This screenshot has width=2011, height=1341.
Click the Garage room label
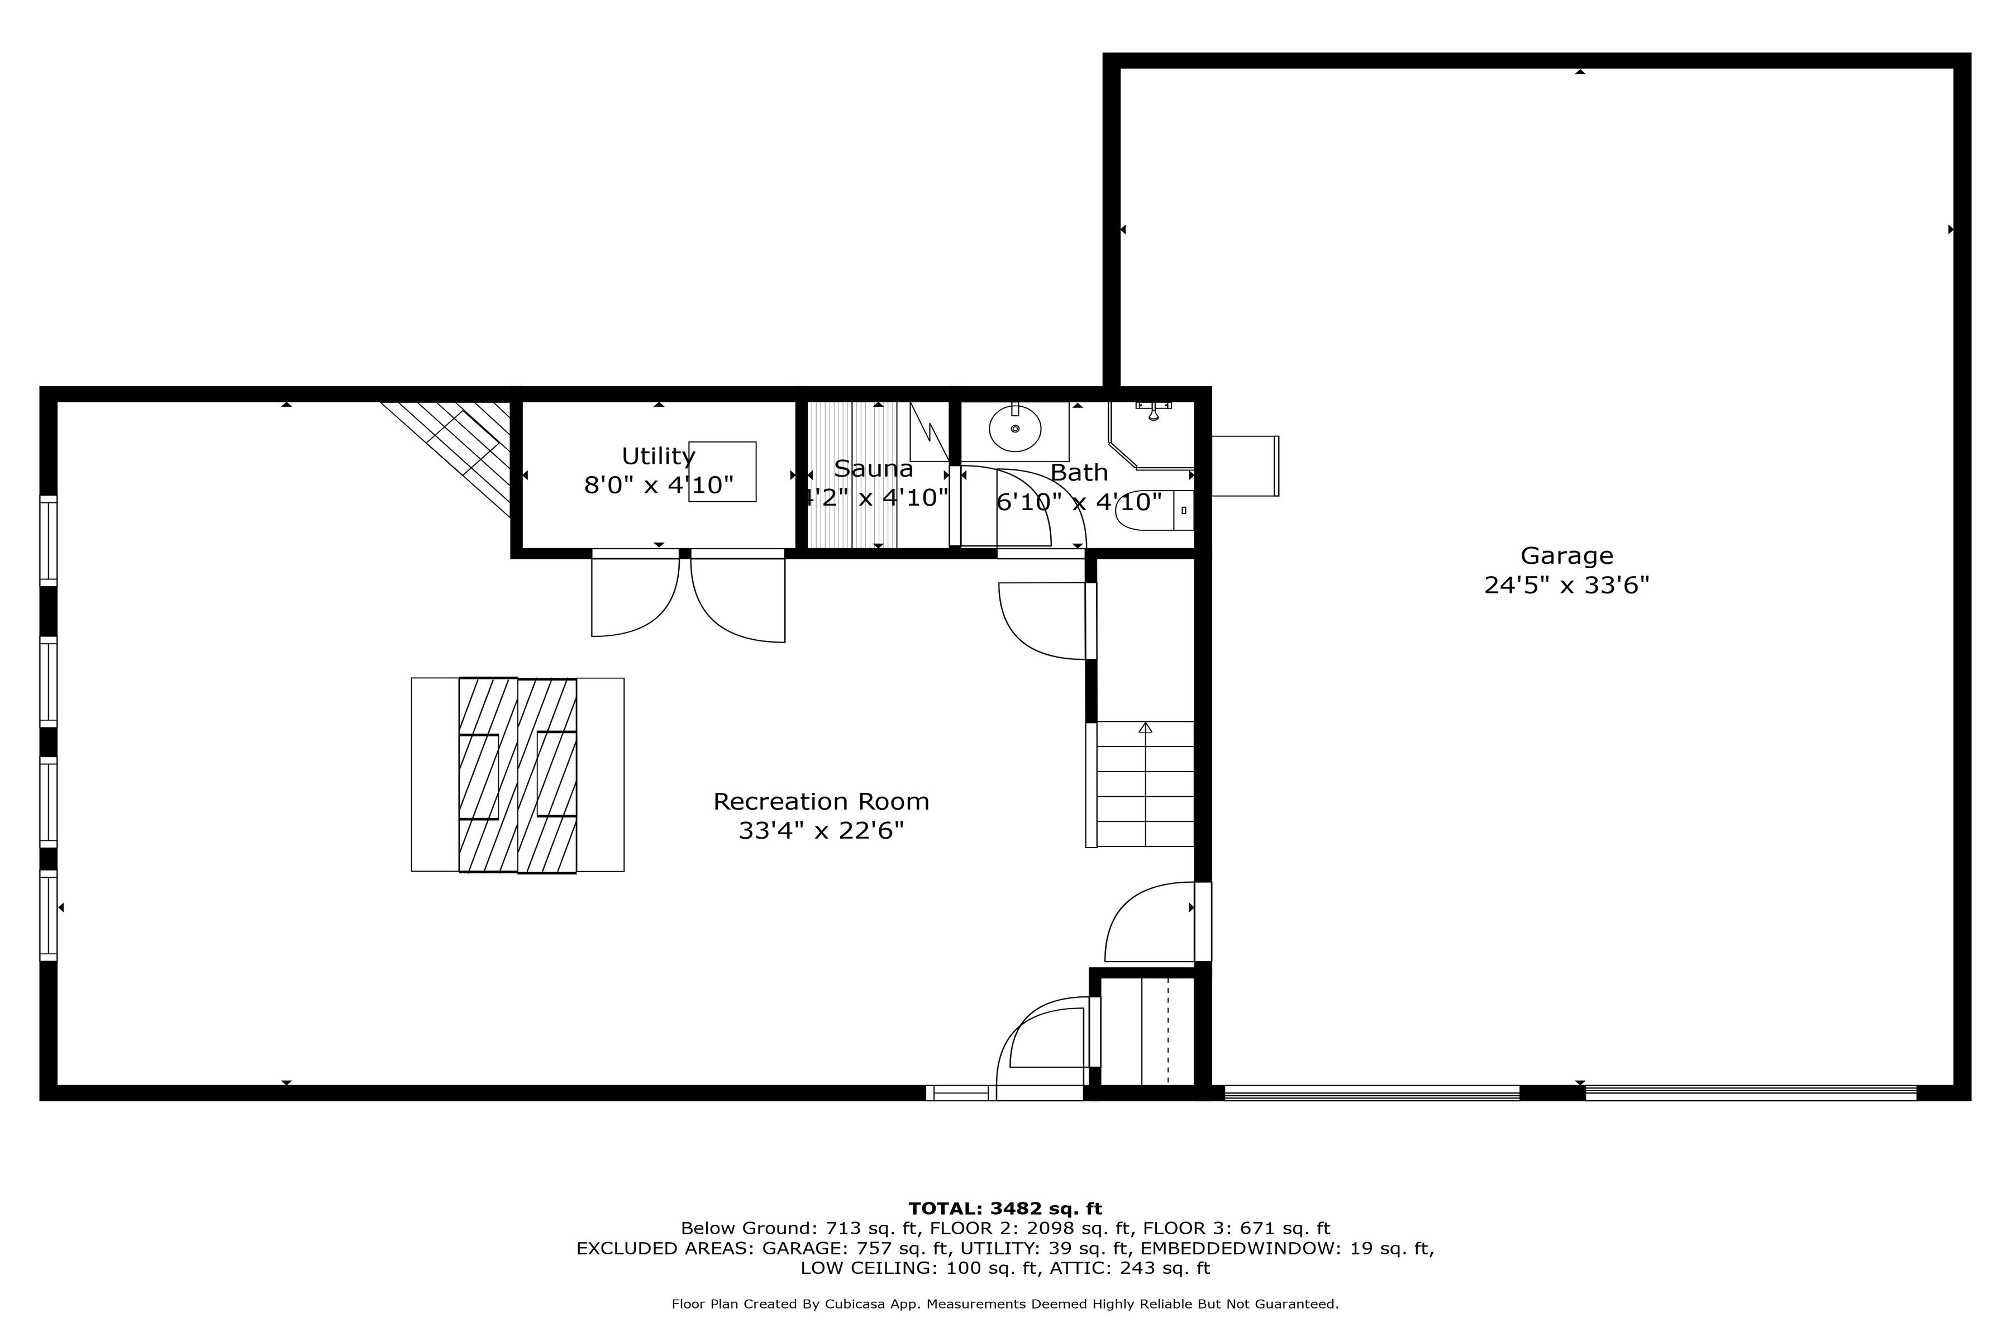tap(1566, 556)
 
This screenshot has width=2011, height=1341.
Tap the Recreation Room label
tap(821, 801)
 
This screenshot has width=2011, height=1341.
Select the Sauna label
tap(873, 469)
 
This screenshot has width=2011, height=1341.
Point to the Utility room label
tap(657, 456)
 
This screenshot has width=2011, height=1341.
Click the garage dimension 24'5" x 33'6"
tap(1566, 585)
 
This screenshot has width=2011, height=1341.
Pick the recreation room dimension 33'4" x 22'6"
tap(821, 830)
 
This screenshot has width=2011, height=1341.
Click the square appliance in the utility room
tap(722, 471)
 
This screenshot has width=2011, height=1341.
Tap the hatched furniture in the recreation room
tap(517, 775)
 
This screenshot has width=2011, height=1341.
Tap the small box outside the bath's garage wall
tap(1245, 466)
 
